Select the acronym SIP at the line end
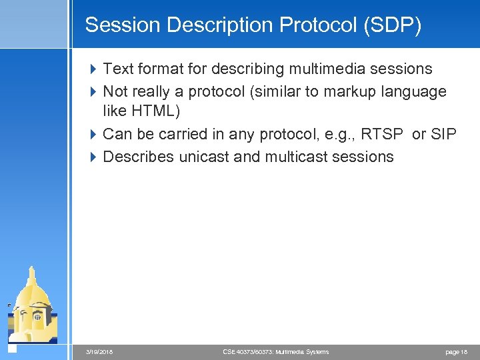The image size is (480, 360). click(x=443, y=134)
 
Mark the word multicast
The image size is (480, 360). click(x=297, y=157)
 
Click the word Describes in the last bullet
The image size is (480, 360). click(x=134, y=157)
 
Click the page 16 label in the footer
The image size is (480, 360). click(x=455, y=351)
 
